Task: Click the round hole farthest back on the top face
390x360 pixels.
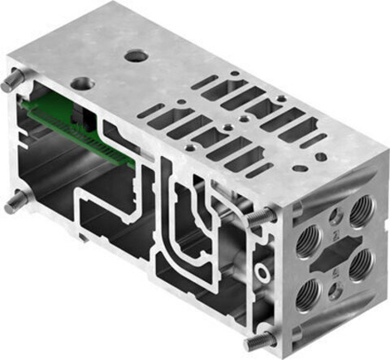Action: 137,56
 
